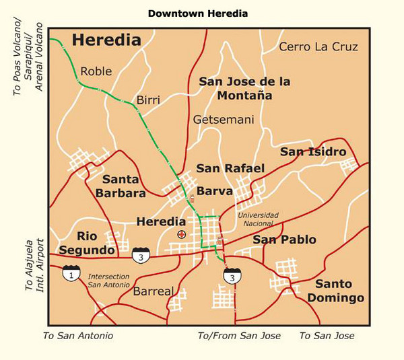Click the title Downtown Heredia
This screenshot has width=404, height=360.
pyautogui.click(x=197, y=13)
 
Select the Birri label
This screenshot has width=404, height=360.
pyautogui.click(x=148, y=100)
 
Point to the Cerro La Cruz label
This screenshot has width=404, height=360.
pyautogui.click(x=318, y=46)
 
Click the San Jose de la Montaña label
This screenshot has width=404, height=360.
pyautogui.click(x=244, y=88)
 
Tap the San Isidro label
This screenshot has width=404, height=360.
pyautogui.click(x=313, y=151)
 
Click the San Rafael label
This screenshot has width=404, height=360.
pyautogui.click(x=230, y=168)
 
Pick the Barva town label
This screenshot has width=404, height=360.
pyautogui.click(x=214, y=191)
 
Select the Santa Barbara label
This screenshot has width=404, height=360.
pyautogui.click(x=123, y=186)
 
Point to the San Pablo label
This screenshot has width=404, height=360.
pyautogui.click(x=284, y=240)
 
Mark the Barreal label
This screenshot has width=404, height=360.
pyautogui.click(x=154, y=291)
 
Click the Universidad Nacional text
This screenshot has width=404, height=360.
pyautogui.click(x=258, y=219)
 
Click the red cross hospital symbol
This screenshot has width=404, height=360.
pyautogui.click(x=181, y=233)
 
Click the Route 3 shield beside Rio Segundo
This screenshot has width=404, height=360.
pyautogui.click(x=141, y=254)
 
